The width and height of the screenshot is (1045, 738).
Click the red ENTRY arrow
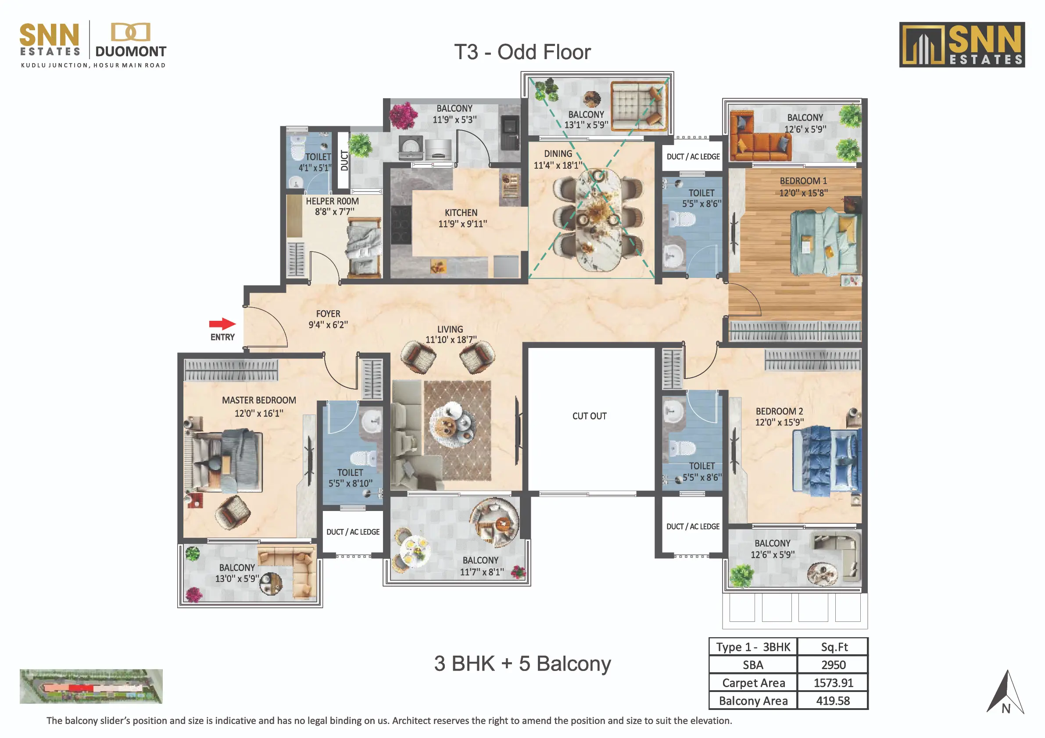[222, 324]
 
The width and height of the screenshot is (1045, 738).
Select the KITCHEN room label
[461, 213]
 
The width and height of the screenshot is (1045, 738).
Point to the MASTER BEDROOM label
[259, 400]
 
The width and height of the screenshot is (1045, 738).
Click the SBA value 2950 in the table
[834, 665]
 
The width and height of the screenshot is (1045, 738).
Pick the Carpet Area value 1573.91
[834, 682]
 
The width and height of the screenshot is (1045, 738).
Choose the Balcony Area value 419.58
[833, 701]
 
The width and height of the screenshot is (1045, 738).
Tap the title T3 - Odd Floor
[522, 52]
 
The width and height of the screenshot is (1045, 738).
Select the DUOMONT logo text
[131, 51]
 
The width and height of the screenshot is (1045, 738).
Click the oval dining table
[598, 220]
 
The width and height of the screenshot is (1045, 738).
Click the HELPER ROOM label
[332, 201]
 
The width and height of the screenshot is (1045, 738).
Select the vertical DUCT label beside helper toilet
[344, 160]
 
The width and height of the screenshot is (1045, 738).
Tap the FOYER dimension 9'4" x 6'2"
[328, 325]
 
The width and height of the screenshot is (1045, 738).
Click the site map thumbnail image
[91, 686]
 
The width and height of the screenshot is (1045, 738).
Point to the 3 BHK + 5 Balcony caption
[522, 663]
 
